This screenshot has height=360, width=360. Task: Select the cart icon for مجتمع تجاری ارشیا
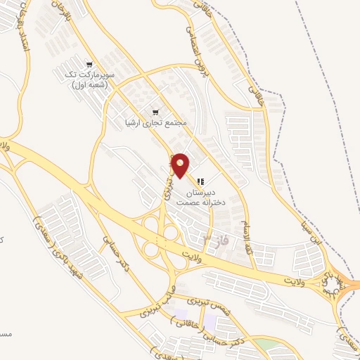pos(155,112)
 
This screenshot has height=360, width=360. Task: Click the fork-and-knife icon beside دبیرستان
pos(200,181)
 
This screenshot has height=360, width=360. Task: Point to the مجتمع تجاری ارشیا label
pos(157,123)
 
